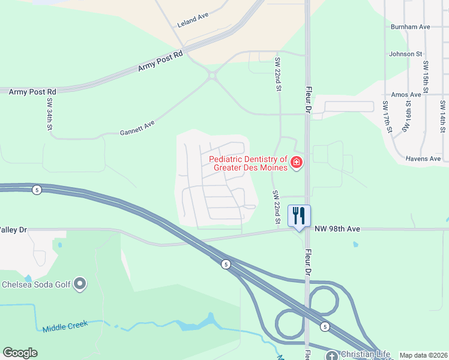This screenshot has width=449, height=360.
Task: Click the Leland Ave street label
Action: (193, 21)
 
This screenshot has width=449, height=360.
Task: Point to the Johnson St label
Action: (406, 54)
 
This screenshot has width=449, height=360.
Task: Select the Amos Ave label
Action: (406, 95)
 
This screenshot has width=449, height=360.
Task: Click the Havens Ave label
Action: (423, 158)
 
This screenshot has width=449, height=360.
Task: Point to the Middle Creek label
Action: (65, 326)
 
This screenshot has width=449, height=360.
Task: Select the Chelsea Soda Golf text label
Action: (37, 284)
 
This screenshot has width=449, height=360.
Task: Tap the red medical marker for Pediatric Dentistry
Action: (296, 163)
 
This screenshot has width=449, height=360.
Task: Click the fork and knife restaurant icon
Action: (298, 215)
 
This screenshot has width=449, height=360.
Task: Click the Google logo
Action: (20, 353)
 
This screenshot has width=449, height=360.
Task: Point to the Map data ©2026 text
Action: (424, 355)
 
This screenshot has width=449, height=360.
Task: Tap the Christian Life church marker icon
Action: (333, 355)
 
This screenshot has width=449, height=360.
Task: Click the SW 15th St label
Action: (426, 77)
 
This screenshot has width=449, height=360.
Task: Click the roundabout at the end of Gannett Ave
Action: (212, 75)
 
